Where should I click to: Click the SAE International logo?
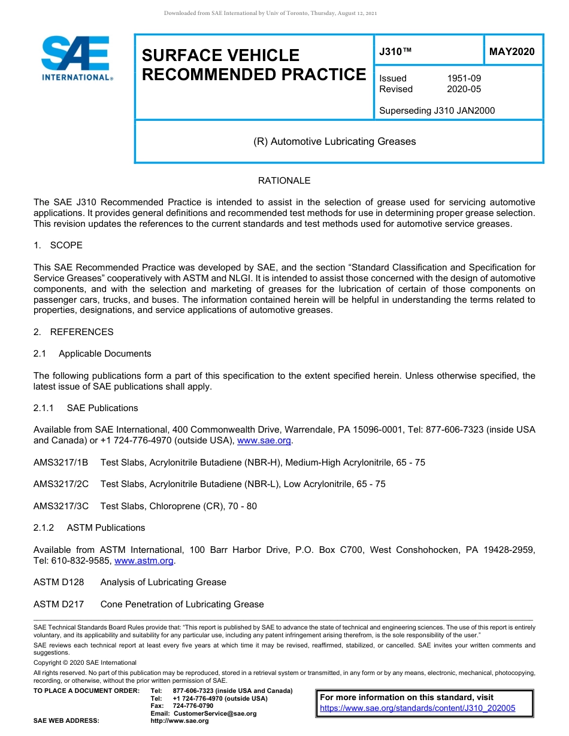click(x=77, y=58)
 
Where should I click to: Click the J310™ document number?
click(x=395, y=51)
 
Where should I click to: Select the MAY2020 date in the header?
click(x=512, y=51)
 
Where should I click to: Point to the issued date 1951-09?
click(x=464, y=78)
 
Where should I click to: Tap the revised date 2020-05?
click(x=464, y=89)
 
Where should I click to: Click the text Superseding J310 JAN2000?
click(x=437, y=111)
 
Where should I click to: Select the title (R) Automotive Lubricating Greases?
click(x=334, y=142)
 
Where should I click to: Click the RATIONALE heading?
click(x=284, y=181)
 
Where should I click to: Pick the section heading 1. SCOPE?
click(x=58, y=245)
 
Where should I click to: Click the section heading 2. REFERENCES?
click(x=73, y=332)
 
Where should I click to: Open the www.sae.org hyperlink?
click(x=264, y=441)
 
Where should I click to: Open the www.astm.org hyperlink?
click(x=144, y=561)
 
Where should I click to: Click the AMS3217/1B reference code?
click(x=60, y=463)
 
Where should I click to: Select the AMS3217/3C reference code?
click(x=60, y=506)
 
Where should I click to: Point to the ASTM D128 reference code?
click(x=59, y=582)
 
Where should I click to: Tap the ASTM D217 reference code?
click(x=59, y=604)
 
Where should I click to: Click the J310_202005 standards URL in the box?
click(x=417, y=708)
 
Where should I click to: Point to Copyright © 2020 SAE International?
click(x=85, y=662)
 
